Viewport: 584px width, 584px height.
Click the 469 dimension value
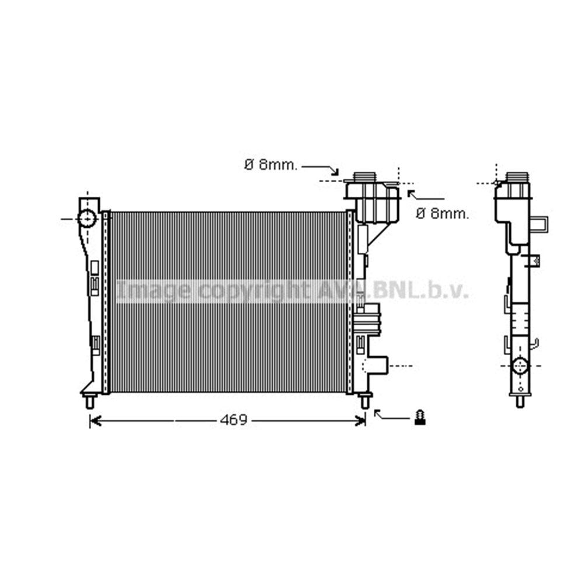tap(234, 420)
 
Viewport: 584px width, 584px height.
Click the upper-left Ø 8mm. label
tap(271, 165)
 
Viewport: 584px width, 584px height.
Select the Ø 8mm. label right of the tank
tap(443, 213)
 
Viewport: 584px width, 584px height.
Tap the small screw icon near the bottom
tap(420, 418)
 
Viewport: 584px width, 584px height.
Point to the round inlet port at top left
tap(87, 218)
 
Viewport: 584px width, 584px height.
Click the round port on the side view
tap(520, 366)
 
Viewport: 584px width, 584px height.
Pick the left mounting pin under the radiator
tap(89, 401)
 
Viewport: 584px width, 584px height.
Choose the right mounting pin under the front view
tap(366, 401)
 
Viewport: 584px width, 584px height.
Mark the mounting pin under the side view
tap(520, 401)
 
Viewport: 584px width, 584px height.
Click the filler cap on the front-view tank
tap(364, 176)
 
